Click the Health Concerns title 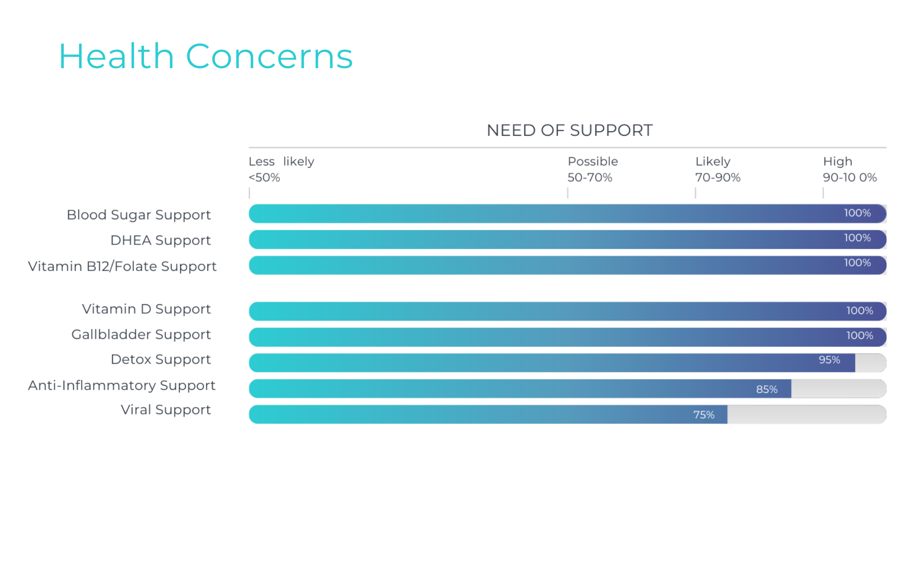pos(205,56)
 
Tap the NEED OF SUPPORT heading pos(569,130)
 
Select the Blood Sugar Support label pos(138,215)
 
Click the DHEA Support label pos(160,240)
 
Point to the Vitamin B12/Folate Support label pos(122,266)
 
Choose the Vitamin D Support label pos(146,309)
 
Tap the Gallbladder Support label pos(141,335)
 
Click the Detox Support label pos(160,359)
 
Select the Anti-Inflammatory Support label pos(122,385)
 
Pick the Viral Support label pos(165,410)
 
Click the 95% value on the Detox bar pos(829,360)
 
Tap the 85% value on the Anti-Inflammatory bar pos(767,389)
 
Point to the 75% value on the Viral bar pos(703,415)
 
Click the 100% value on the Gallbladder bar pos(859,336)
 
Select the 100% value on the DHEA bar pos(857,238)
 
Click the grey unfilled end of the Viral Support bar pos(805,415)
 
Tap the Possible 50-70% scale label pos(592,169)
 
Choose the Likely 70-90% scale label pos(717,169)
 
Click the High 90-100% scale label pos(849,169)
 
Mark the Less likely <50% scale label pos(281,169)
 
